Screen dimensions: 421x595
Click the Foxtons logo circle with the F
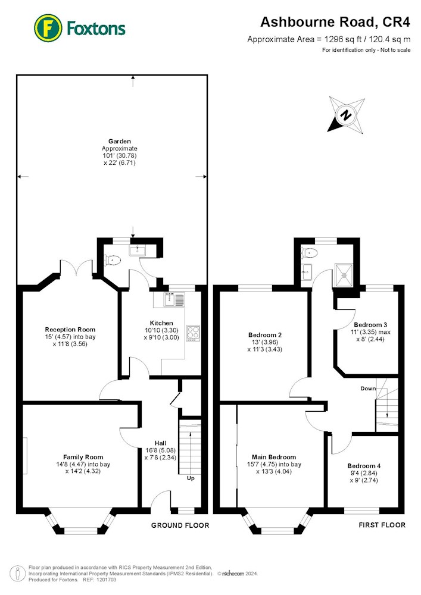[x=48, y=28]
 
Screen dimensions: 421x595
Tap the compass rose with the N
[x=347, y=115]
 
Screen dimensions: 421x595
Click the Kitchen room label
[x=161, y=323]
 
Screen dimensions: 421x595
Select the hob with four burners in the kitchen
[x=193, y=334]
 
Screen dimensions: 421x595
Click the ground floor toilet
[x=113, y=261]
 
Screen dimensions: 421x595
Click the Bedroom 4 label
[x=364, y=466]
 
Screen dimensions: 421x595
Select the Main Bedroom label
[x=274, y=457]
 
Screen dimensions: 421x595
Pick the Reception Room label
[x=70, y=330]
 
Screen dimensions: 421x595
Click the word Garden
[x=120, y=141]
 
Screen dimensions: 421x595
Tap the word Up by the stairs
[x=191, y=478]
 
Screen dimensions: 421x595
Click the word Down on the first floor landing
[x=368, y=389]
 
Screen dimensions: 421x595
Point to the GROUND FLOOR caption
[x=180, y=525]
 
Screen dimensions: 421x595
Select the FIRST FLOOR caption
[x=382, y=525]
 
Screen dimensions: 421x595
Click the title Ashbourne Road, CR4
[x=335, y=22]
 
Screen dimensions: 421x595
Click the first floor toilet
[x=310, y=252]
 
